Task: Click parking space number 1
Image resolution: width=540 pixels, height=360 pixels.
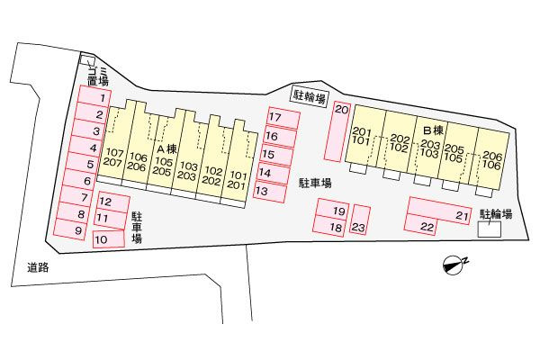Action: tap(94, 95)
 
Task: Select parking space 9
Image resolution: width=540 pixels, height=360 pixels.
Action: tap(70, 229)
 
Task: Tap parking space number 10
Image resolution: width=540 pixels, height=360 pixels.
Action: tap(109, 239)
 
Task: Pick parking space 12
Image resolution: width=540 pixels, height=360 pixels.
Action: tap(113, 202)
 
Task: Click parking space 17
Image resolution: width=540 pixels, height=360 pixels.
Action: tap(283, 118)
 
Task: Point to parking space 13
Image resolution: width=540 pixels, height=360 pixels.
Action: tap(270, 191)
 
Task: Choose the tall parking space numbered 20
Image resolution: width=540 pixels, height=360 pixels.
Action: tap(337, 131)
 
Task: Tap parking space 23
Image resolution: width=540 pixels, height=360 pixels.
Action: tap(360, 220)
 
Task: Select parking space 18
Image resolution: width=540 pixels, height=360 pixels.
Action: tap(328, 226)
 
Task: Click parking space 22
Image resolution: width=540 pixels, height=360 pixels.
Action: tap(421, 225)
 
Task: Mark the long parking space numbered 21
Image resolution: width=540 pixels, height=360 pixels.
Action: tap(439, 211)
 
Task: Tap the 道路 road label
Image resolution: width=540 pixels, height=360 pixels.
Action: tap(38, 267)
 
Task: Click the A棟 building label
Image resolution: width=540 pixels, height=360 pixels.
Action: tap(167, 148)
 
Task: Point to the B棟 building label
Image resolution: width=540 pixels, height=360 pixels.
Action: tap(433, 130)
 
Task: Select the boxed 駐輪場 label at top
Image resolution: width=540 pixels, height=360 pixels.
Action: tap(309, 96)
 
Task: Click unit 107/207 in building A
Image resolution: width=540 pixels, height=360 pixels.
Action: tap(113, 157)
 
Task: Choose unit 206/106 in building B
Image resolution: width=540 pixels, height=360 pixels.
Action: tap(491, 160)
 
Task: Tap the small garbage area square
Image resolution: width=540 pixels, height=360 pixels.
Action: tap(87, 59)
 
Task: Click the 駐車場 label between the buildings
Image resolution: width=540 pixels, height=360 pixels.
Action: tap(315, 183)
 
